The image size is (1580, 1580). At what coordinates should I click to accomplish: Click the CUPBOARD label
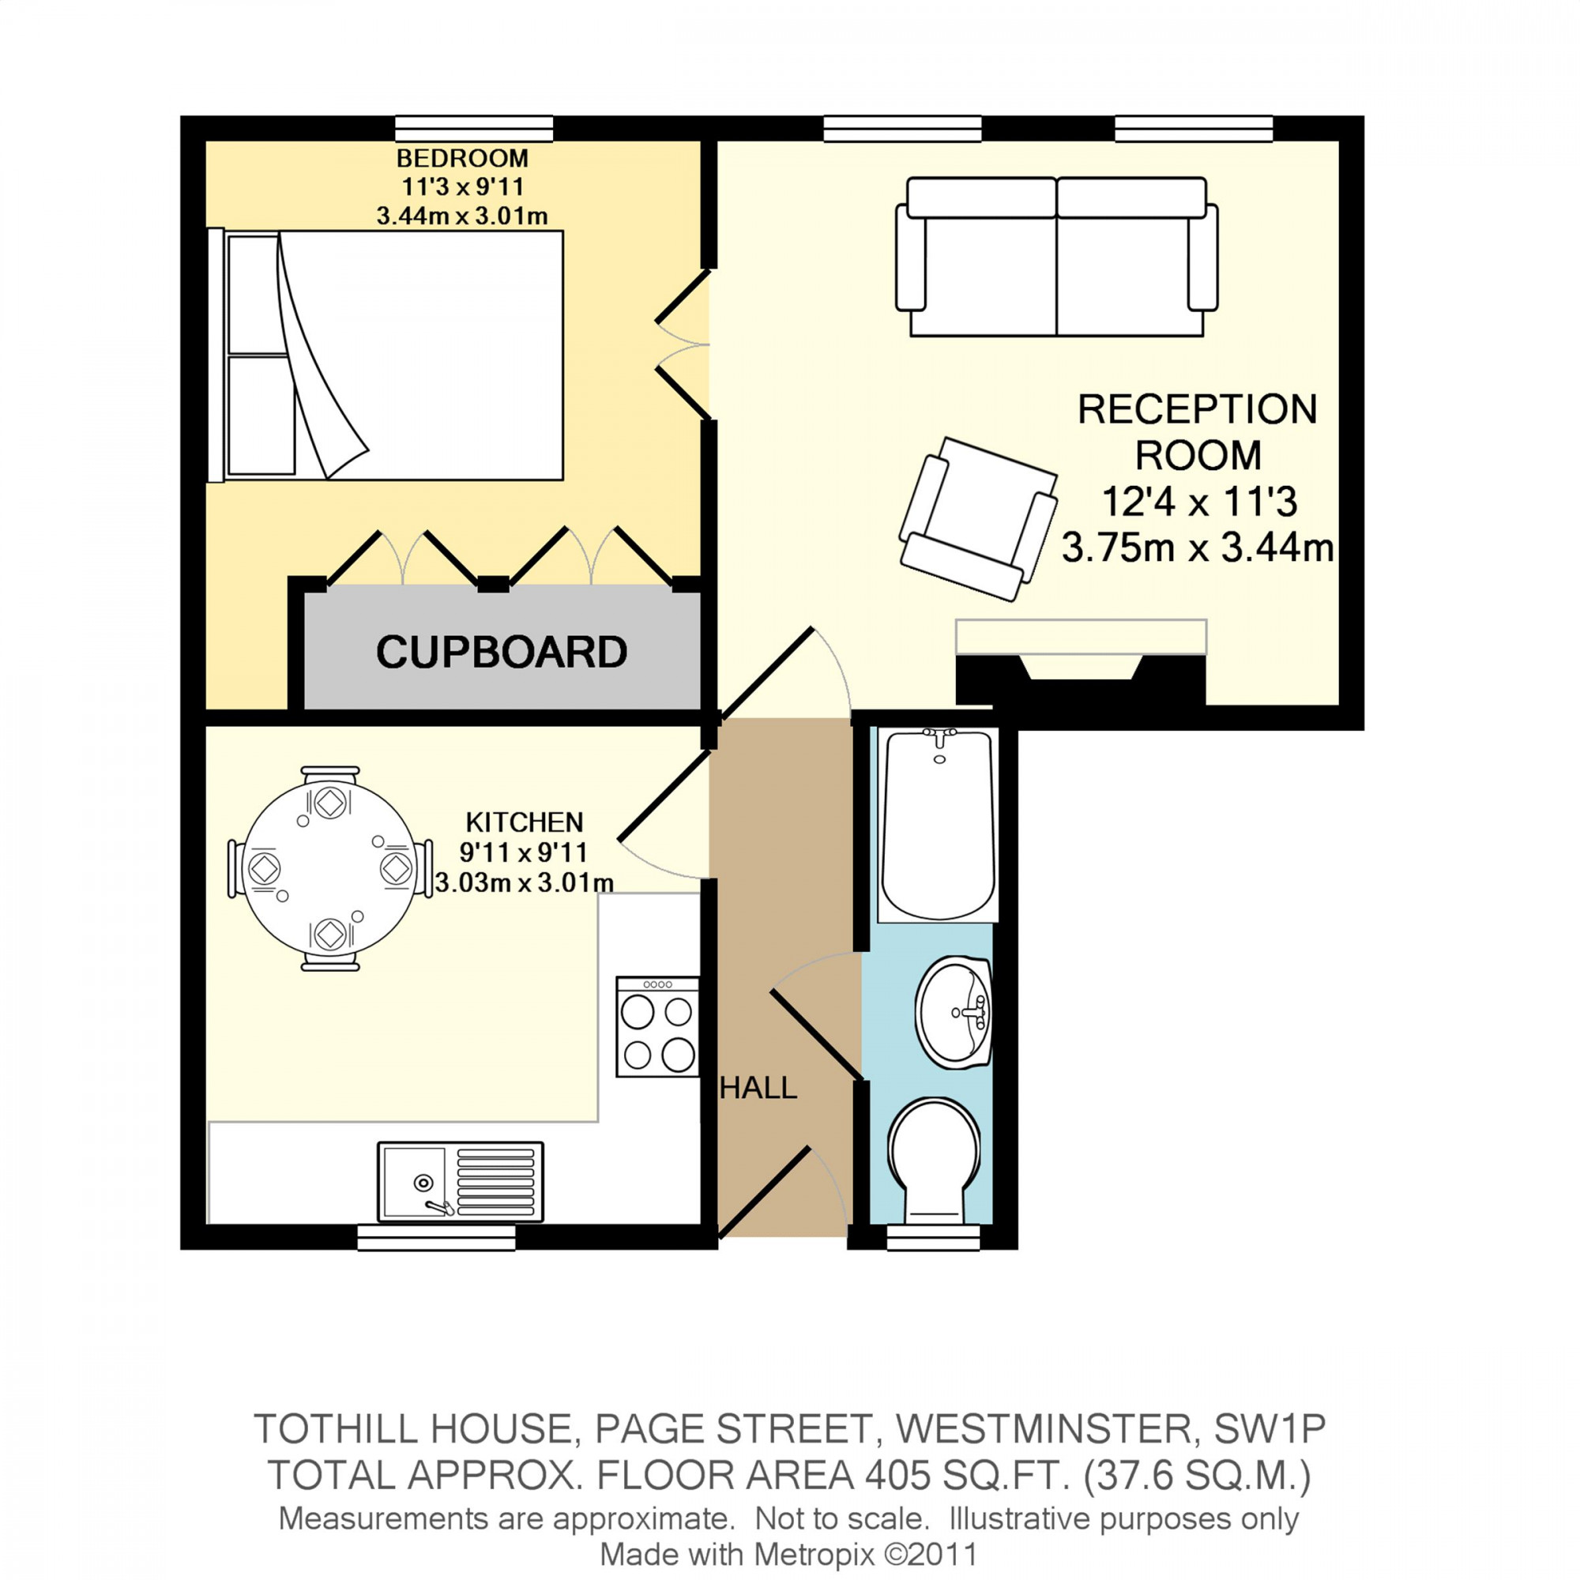pos(502,653)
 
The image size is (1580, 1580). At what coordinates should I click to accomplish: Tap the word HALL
pos(758,1089)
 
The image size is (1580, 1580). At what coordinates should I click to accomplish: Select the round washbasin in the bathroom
pos(954,1012)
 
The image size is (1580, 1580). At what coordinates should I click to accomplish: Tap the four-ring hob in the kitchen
pos(656,1027)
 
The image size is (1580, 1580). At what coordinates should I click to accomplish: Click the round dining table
pos(329,868)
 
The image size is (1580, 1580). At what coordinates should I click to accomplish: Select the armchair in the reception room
pos(977,518)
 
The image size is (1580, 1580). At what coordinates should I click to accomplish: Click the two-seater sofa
pos(1056,258)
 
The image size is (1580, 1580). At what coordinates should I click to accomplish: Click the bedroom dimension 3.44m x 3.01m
pos(462,216)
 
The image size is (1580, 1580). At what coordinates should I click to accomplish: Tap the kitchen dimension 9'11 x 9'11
pos(524,853)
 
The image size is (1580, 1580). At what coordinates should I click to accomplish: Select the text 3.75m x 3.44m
pos(1198,548)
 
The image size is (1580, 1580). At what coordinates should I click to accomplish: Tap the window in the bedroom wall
pos(474,129)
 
